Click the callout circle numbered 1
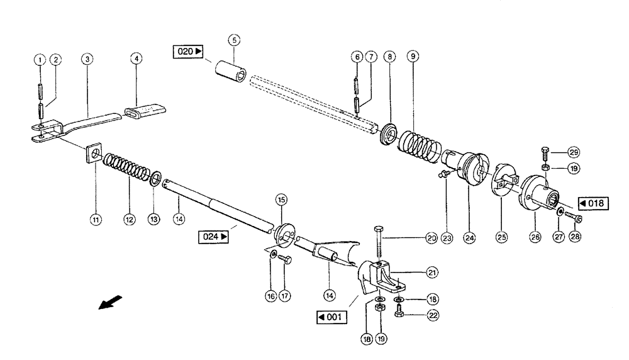click(x=39, y=60)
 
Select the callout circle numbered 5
click(x=234, y=40)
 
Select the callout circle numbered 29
click(x=574, y=152)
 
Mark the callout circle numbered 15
click(x=281, y=200)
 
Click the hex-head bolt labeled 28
click(x=574, y=218)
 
